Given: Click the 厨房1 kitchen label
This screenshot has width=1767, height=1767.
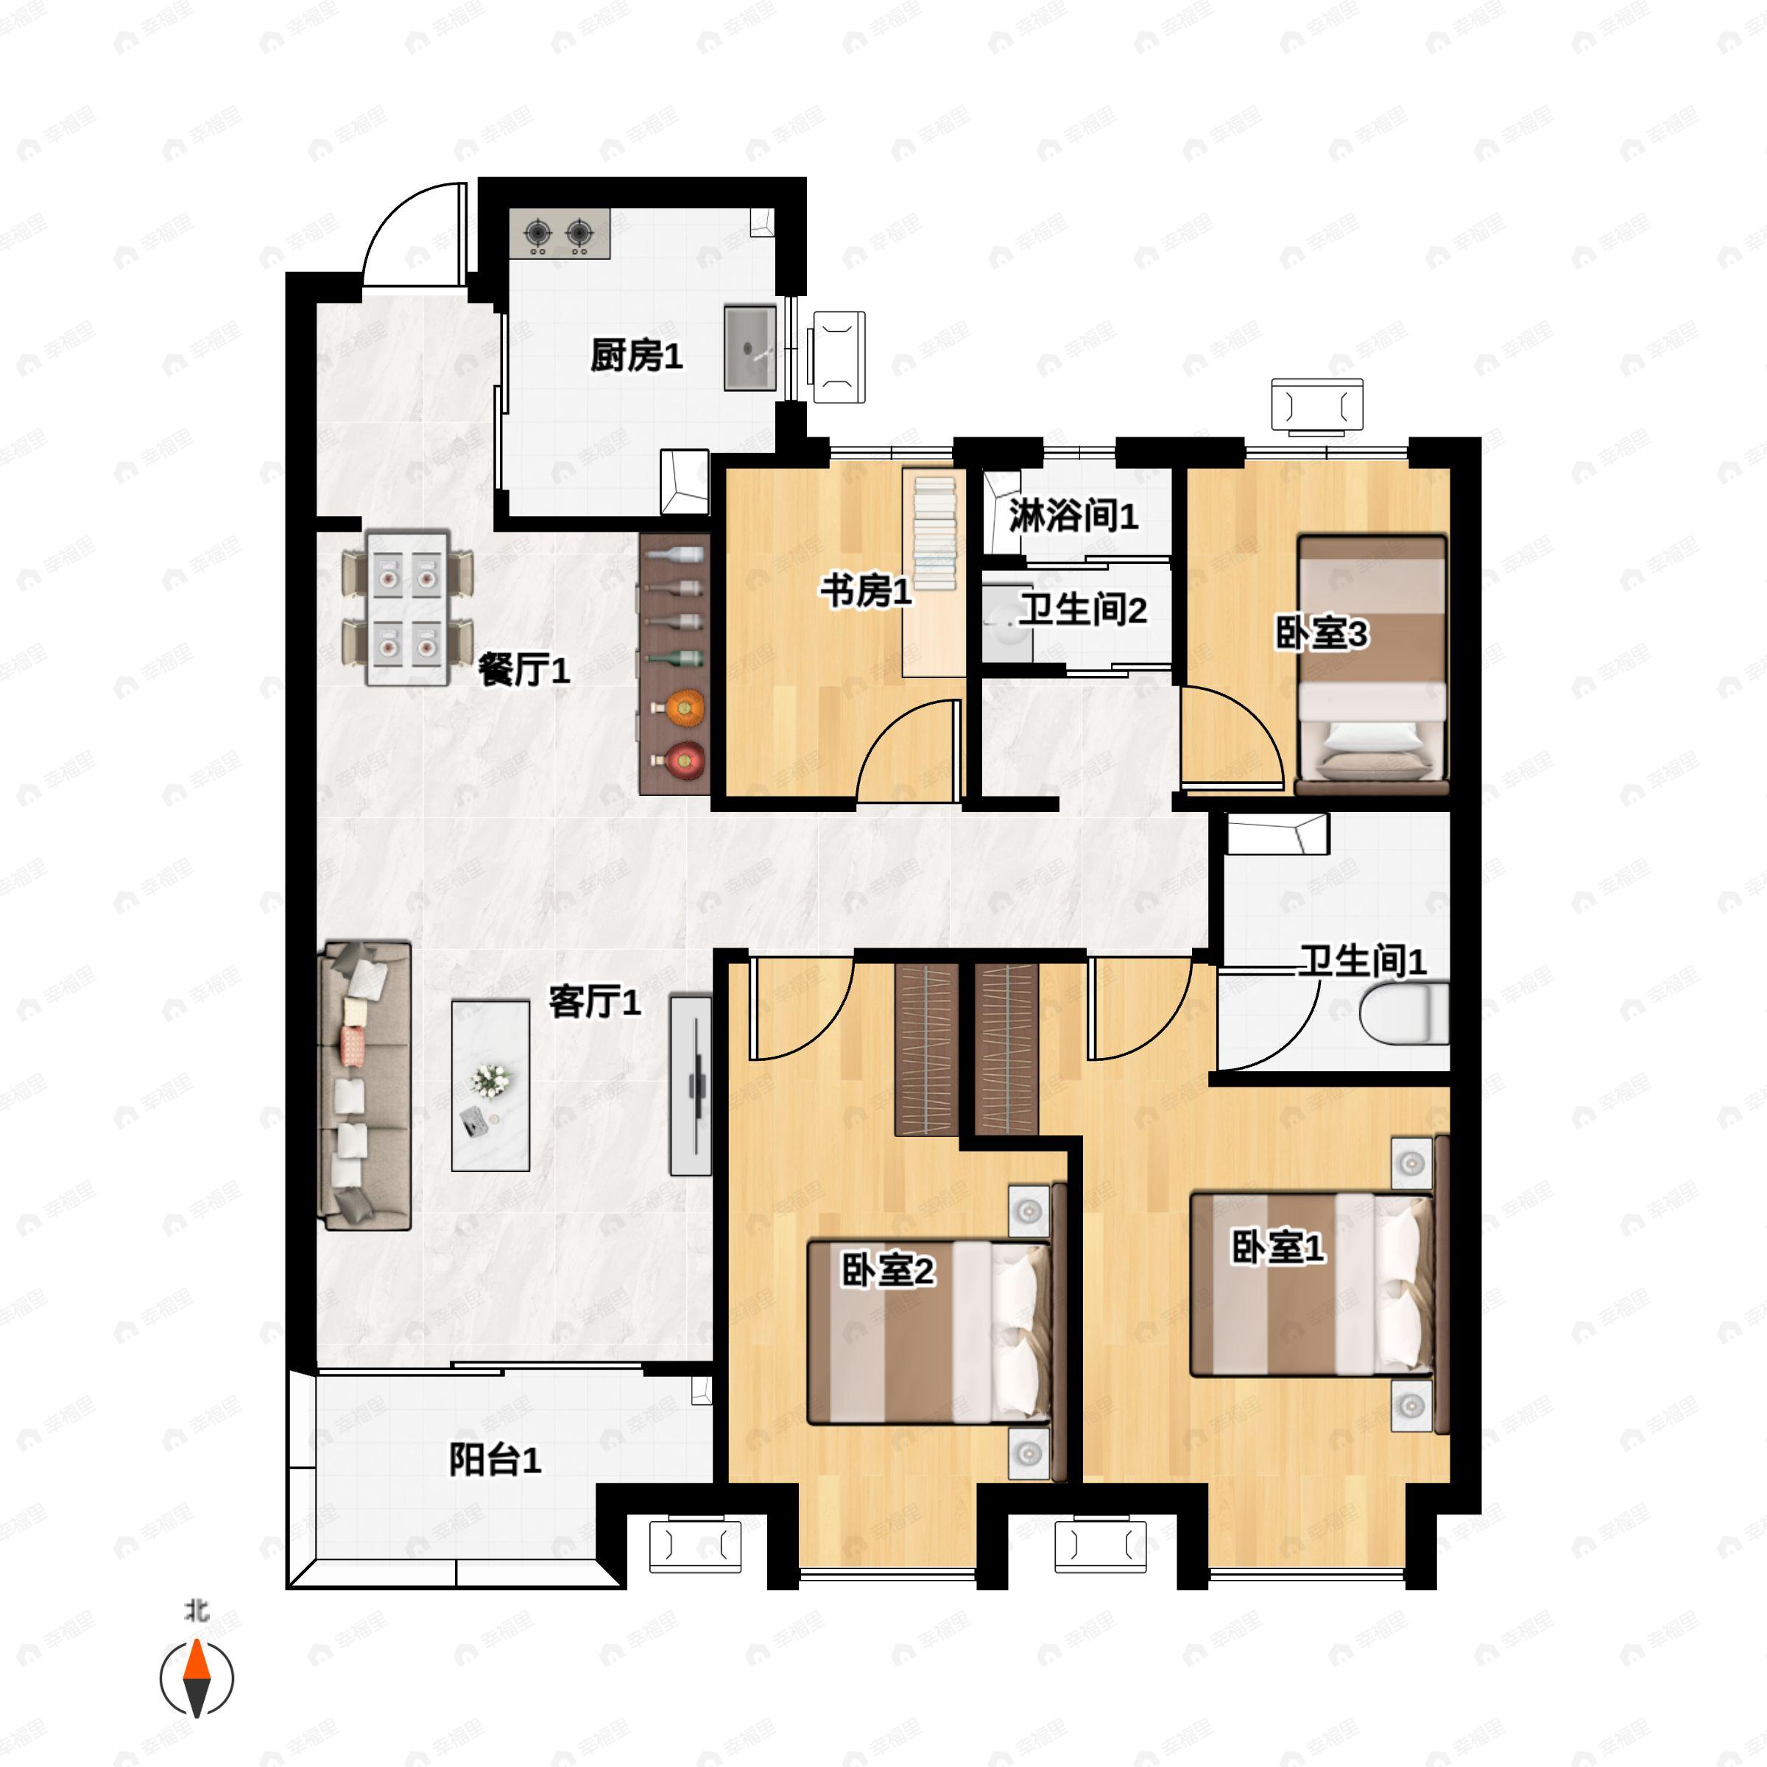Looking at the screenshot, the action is click(x=637, y=355).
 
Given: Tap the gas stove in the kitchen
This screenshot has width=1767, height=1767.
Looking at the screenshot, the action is click(x=560, y=234).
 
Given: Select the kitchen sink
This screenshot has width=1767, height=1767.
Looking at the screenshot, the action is click(x=750, y=348).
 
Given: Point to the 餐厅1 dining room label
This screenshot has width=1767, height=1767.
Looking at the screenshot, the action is click(x=524, y=671).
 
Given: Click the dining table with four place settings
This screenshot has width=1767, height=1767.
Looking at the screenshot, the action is click(x=408, y=608).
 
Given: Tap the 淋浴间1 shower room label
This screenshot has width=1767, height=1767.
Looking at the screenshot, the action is click(x=1073, y=516).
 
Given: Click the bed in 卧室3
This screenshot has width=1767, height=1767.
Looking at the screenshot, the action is click(x=1372, y=665).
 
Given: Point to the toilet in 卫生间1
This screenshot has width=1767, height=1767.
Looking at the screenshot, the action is click(x=1404, y=1013).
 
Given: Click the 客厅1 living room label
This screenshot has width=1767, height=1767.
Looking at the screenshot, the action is click(x=594, y=1001).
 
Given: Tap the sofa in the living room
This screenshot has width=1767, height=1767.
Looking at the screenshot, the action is click(x=364, y=1084).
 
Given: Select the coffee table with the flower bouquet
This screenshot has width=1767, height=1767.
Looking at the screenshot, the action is click(x=491, y=1086).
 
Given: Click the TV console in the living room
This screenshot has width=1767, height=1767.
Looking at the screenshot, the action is click(x=691, y=1084).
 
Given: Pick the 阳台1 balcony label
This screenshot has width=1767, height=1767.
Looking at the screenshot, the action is click(x=495, y=1460).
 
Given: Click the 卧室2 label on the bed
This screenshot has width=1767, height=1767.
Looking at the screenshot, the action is click(x=887, y=1270).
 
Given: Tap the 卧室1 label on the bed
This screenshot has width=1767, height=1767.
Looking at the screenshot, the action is click(x=1277, y=1246).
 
